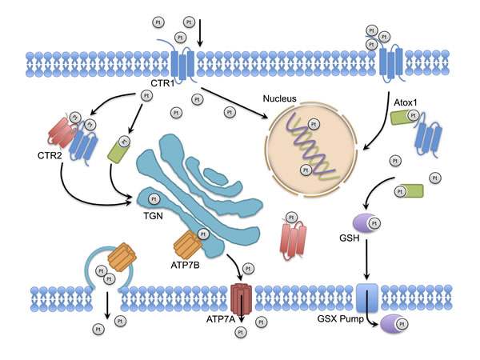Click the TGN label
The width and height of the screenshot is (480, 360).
(x=153, y=214)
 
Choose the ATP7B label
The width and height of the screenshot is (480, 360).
(x=185, y=260)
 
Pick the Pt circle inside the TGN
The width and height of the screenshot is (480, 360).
(x=154, y=198)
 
